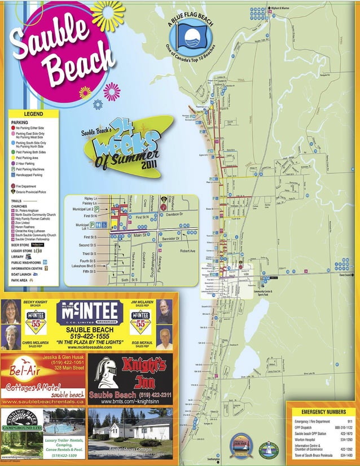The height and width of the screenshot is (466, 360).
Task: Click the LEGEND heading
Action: [33, 114]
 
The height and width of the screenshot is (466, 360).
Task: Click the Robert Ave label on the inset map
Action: [188, 250]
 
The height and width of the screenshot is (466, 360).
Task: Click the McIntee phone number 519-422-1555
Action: [90, 336]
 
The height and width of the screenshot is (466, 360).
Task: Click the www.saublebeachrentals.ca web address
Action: [43, 401]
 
